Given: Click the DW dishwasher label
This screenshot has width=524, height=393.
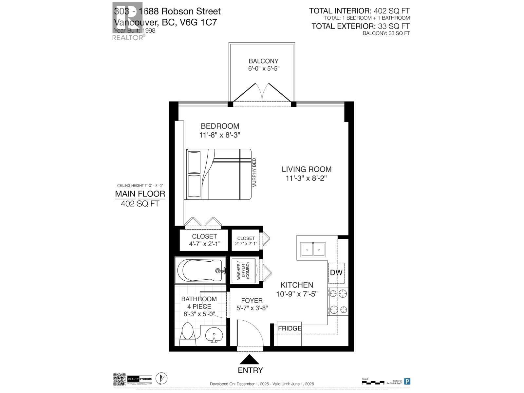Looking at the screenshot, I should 336,272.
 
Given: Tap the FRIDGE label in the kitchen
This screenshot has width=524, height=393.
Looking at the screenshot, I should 290,328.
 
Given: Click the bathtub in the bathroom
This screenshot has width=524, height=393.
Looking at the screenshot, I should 200,271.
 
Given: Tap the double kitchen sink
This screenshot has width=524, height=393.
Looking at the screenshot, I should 313,250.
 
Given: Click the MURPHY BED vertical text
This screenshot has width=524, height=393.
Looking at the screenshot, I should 254,173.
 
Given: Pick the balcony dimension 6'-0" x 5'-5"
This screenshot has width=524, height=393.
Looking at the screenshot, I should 264,69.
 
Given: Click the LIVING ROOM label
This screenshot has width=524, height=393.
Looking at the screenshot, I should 307,169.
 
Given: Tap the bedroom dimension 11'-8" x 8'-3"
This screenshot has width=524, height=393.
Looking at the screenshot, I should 220,135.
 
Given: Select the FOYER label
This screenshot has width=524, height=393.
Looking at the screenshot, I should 252,301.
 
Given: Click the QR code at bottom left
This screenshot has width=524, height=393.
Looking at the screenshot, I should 120,379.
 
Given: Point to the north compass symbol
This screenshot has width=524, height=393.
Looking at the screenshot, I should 160,379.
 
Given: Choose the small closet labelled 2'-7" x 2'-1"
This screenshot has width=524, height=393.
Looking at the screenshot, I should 246,241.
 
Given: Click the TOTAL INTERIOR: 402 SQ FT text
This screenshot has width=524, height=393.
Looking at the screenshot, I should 359,11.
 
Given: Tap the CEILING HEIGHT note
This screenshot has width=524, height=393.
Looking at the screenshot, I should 140,186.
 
